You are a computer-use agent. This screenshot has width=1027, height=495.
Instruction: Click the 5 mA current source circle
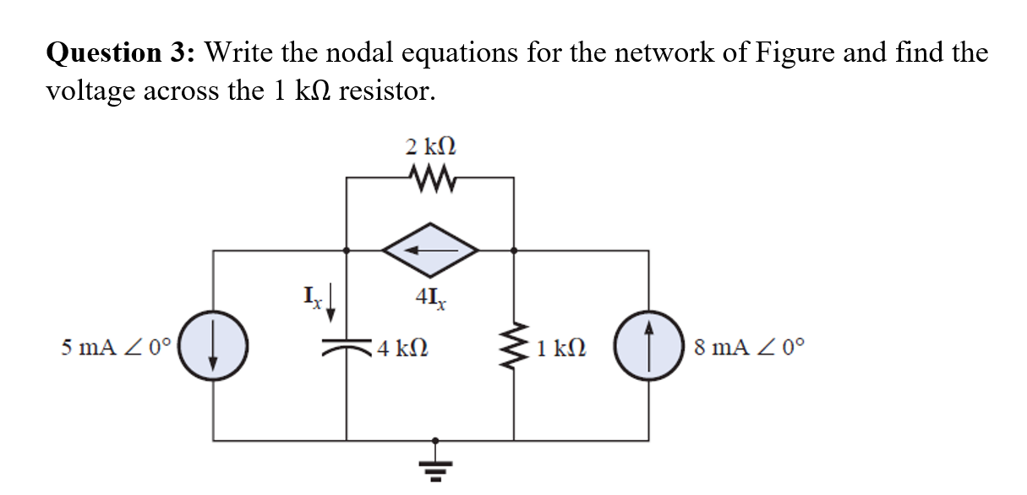click(x=212, y=346)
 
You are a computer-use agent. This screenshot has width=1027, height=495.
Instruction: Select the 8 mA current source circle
click(x=648, y=346)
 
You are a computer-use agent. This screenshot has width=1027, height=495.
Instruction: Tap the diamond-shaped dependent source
click(x=430, y=250)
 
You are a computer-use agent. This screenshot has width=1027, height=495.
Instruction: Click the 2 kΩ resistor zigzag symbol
click(x=430, y=178)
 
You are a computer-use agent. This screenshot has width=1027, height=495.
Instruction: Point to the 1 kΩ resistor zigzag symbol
click(x=514, y=347)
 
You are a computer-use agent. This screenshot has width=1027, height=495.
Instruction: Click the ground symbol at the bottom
click(x=435, y=461)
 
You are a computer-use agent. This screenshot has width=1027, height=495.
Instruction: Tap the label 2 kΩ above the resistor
click(x=430, y=146)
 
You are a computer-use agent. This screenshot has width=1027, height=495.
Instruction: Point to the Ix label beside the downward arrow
click(x=312, y=298)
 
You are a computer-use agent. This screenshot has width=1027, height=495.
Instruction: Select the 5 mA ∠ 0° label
click(x=116, y=346)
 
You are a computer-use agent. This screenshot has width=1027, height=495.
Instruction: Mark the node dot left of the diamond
click(x=347, y=250)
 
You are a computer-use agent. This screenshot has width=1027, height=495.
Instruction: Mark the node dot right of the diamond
click(x=514, y=250)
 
